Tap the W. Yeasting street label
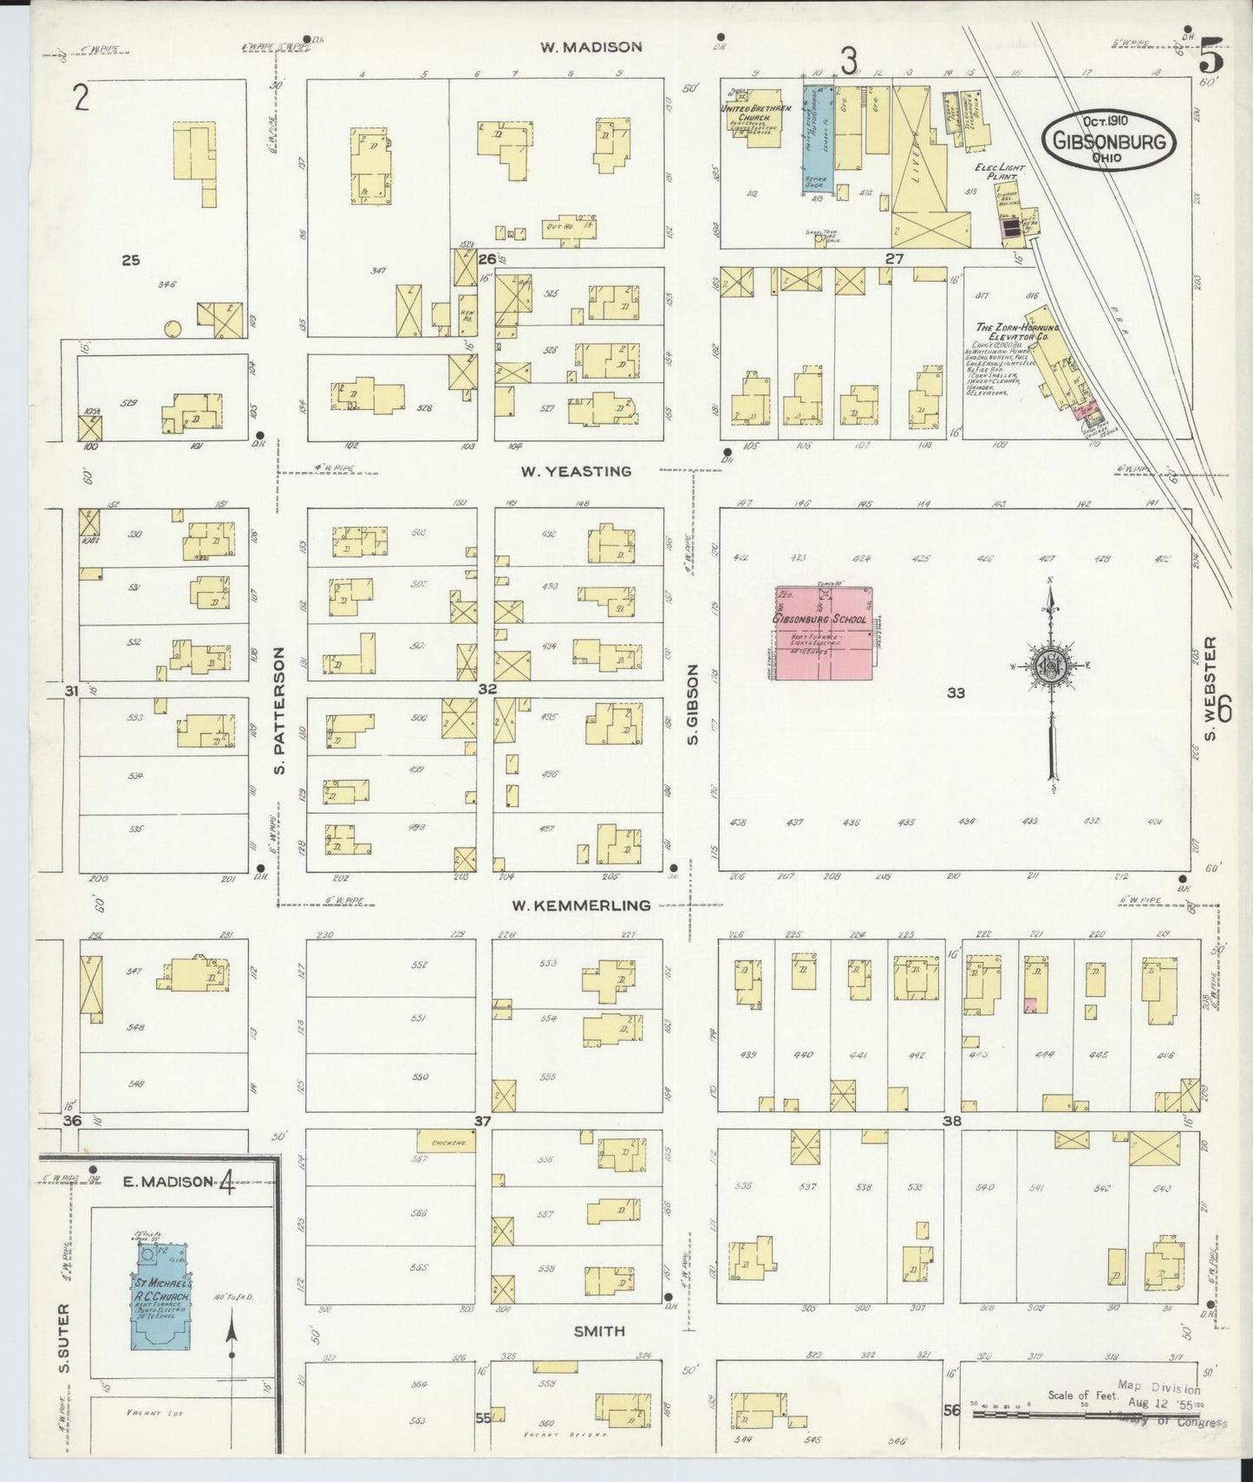click(576, 471)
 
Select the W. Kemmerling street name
click(580, 906)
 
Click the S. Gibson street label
click(692, 705)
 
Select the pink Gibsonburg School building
click(823, 634)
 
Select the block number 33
click(956, 692)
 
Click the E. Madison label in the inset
click(176, 1181)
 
